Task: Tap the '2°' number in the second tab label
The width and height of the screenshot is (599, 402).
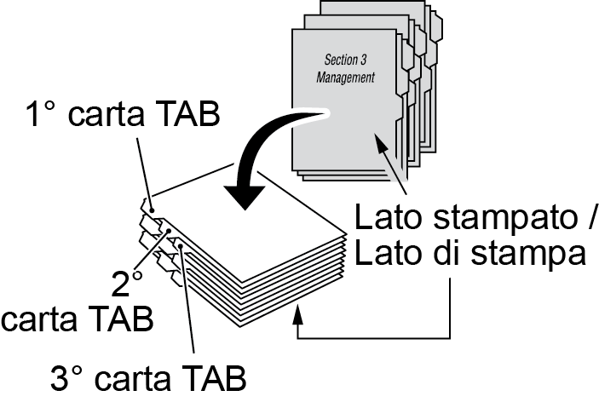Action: point(128,283)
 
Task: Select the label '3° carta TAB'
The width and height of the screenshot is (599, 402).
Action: point(149,376)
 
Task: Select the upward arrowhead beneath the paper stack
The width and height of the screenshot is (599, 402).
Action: point(297,317)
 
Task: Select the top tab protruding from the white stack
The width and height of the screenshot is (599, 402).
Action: point(147,205)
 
